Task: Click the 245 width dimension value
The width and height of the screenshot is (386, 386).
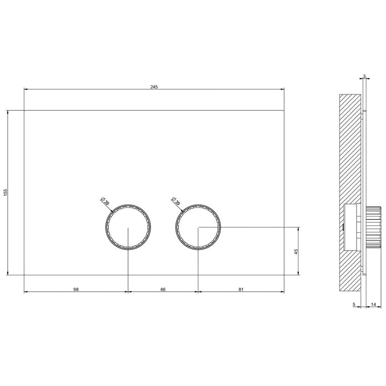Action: point(154,87)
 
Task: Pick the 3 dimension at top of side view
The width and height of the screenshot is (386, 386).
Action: point(365,76)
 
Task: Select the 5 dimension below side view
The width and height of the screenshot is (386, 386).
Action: point(354,305)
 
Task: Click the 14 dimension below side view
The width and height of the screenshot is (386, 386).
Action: point(372,305)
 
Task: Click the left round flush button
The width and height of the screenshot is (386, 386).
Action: point(128,227)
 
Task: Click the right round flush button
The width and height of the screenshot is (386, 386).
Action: point(198,227)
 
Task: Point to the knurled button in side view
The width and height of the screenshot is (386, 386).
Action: point(372,227)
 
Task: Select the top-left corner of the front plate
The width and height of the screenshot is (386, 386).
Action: point(24,110)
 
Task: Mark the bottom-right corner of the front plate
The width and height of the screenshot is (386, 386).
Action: point(284,274)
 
